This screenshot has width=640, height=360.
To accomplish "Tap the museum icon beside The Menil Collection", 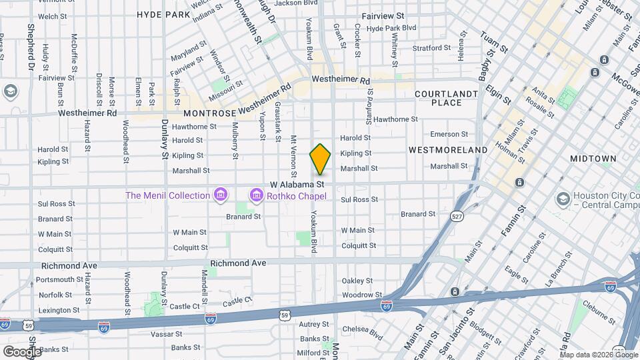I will pyautogui.click(x=221, y=195).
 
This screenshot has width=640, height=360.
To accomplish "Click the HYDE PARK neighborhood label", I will pyautogui.click(x=163, y=14).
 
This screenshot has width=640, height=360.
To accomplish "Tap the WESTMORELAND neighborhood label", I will pyautogui.click(x=447, y=150).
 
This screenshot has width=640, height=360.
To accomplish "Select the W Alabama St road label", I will pyautogui.click(x=297, y=183).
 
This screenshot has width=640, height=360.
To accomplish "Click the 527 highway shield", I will pyautogui.click(x=457, y=217).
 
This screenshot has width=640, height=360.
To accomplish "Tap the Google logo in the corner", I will pyautogui.click(x=22, y=351).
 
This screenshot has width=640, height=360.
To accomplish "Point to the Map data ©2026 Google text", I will pyautogui.click(x=597, y=355).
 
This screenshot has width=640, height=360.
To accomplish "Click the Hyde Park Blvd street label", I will pyautogui.click(x=391, y=29).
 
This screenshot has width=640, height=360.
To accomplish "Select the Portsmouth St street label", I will pyautogui.click(x=60, y=279).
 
